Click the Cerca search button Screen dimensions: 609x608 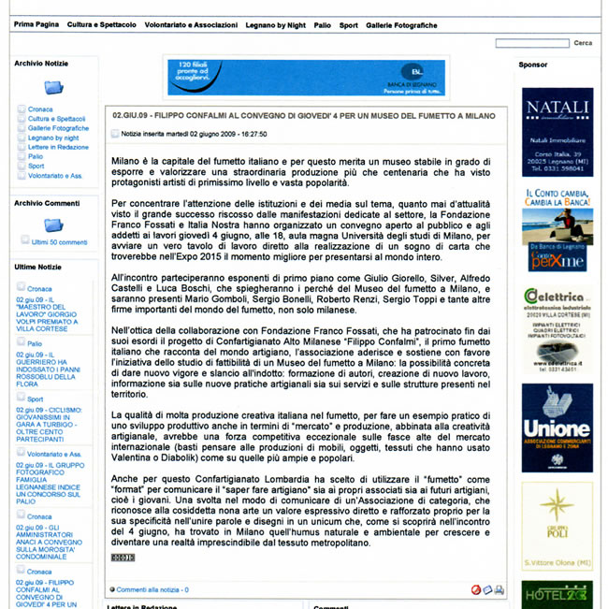click(583, 43)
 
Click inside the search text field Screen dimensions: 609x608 click(531, 43)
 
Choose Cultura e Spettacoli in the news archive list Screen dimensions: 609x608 click(56, 119)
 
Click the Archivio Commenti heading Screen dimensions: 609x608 click(48, 203)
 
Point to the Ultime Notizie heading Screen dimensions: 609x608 click(38, 268)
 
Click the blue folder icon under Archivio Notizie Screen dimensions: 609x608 click(54, 88)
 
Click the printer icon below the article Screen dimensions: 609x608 click(499, 589)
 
